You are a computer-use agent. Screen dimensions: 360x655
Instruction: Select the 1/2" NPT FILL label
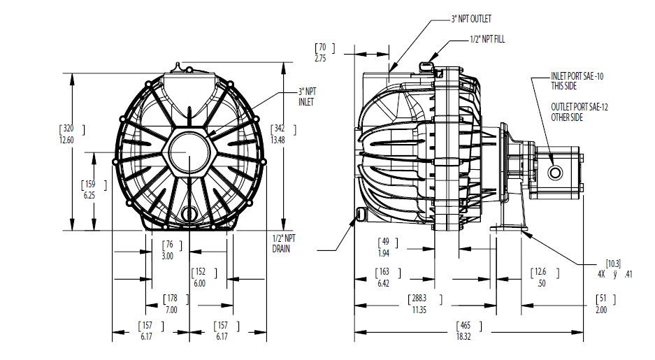coord(487,39)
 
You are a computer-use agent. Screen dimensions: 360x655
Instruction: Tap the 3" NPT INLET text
coord(307,96)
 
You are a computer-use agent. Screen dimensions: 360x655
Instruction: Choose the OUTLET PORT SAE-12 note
coord(577,112)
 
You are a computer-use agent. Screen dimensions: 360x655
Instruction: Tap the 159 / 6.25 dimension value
coord(91,189)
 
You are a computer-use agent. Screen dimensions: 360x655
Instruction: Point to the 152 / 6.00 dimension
coord(201,278)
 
